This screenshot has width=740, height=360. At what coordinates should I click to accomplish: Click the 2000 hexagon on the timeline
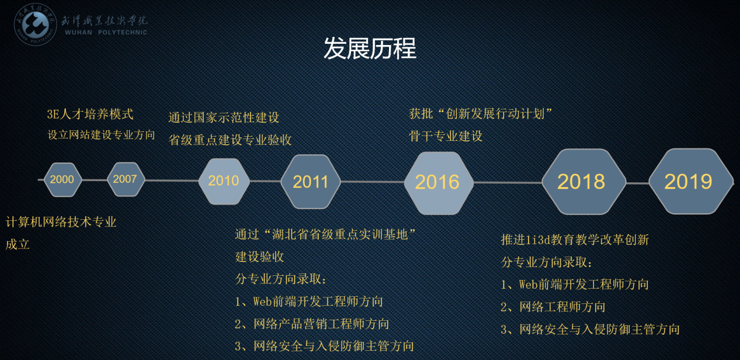pos(62,179)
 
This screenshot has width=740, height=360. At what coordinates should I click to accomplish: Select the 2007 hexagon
pos(126,179)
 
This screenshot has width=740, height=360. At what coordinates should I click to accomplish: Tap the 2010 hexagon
pos(224,181)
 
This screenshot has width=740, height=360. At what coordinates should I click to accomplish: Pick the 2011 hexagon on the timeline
pos(311,182)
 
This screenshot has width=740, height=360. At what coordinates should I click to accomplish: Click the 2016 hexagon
pos(439,183)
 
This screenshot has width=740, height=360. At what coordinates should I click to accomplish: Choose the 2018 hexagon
pos(583,182)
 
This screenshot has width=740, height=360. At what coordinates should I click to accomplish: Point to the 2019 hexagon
pos(691,181)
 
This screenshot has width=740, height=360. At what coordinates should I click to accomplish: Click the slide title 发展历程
pos(370,49)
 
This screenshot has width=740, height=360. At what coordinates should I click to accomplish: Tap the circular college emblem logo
pos(36,25)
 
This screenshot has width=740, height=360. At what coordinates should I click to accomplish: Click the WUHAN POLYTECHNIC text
pos(106,32)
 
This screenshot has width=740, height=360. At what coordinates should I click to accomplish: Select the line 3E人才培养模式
pos(90,115)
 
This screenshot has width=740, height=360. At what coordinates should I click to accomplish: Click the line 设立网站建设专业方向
pos(101,134)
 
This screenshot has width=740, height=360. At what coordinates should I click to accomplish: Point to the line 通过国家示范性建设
pos(224,117)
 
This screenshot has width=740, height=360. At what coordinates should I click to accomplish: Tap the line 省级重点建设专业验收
pos(230,140)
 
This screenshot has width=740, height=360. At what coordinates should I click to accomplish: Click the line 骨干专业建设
pos(446,136)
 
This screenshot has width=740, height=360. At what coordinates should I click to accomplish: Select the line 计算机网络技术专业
pos(61,222)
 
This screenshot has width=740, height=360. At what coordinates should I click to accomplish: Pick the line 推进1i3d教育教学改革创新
pos(575,240)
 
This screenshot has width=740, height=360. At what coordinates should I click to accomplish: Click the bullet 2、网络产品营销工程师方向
pos(312,324)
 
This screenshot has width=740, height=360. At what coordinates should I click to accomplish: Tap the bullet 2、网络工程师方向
pos(553,307)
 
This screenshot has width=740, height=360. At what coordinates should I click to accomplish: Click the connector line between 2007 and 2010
pos(172,181)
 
